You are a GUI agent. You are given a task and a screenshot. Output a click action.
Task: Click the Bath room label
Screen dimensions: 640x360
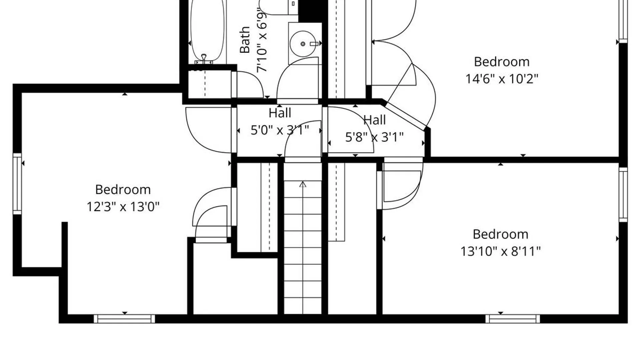click(245, 40)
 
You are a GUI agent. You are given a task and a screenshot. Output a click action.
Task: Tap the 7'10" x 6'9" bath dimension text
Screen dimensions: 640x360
click(262, 40)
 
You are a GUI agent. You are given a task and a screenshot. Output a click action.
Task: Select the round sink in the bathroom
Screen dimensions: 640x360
click(303, 44)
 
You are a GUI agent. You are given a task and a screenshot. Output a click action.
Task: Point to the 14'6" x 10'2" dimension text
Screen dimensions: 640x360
click(502, 79)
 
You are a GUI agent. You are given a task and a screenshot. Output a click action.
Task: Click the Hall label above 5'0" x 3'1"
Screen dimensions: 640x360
click(280, 113)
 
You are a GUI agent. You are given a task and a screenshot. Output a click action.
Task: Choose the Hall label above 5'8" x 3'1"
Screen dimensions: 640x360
click(374, 120)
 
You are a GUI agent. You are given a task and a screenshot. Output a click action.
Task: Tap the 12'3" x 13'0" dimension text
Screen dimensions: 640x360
click(123, 207)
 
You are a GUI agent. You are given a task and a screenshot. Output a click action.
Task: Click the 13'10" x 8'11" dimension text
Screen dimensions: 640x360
click(500, 251)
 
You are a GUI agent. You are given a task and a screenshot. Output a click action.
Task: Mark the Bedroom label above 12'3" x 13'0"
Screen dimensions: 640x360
click(123, 190)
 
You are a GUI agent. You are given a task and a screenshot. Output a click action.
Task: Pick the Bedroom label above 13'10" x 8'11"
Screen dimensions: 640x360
click(500, 234)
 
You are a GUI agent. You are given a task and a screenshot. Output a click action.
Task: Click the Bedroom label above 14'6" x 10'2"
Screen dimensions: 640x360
click(502, 62)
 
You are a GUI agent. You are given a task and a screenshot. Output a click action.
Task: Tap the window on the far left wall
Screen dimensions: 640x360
click(17, 184)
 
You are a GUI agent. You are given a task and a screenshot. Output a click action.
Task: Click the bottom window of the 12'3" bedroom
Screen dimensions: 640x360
click(124, 319)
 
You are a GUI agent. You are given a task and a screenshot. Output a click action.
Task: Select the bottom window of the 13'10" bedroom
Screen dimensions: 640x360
click(513, 319)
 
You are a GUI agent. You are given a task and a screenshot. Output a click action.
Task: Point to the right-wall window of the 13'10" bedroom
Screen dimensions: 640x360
click(623, 195)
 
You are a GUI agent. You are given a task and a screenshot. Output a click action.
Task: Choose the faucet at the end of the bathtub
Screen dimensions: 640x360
click(204, 59)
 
